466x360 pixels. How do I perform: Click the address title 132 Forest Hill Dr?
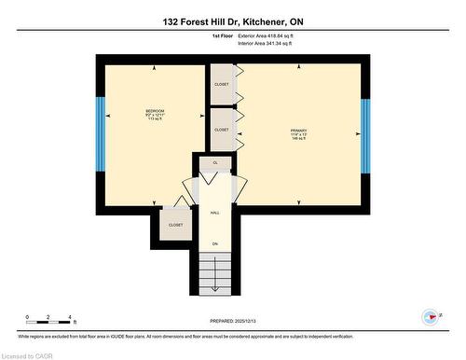233,21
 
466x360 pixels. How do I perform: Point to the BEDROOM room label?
155,111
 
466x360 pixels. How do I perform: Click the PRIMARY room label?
298,131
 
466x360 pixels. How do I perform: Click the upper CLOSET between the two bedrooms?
222,85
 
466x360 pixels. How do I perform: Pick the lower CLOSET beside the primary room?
222,130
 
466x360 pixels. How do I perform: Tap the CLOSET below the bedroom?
176,225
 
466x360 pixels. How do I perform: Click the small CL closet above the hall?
215,163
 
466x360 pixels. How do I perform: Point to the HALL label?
214,213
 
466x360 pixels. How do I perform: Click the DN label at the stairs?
214,244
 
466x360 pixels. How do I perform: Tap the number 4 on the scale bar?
71,318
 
